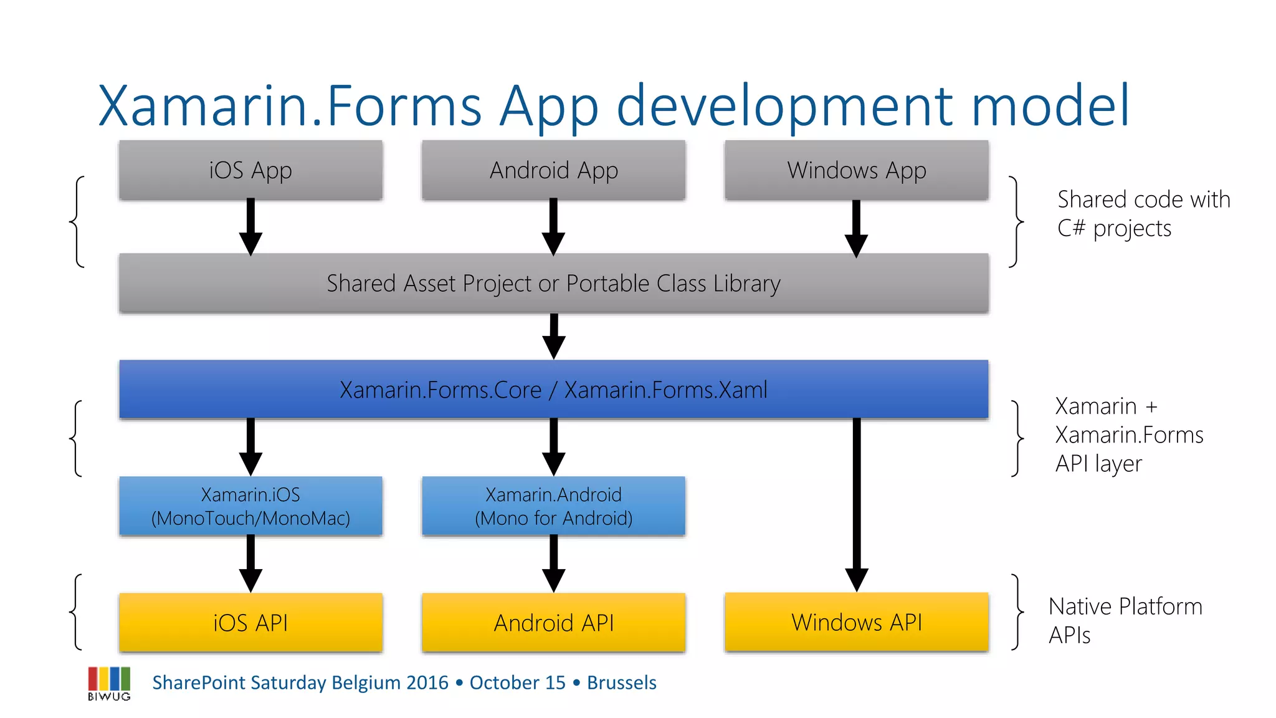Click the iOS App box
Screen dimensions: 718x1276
(x=250, y=170)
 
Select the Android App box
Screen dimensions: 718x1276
(x=553, y=170)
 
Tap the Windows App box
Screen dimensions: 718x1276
(x=856, y=170)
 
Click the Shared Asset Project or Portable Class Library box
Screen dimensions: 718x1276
(x=553, y=284)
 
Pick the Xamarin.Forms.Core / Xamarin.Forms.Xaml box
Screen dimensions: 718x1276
(x=553, y=390)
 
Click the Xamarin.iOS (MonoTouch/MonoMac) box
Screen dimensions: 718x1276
(x=250, y=506)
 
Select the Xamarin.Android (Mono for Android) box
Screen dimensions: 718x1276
(x=553, y=506)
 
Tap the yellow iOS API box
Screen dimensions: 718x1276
(x=250, y=623)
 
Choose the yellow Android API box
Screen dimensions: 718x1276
(x=553, y=623)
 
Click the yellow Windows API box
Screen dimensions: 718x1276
(x=856, y=622)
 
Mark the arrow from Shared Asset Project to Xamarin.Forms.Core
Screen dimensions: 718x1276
(x=553, y=337)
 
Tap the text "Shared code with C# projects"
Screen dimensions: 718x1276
(x=1143, y=214)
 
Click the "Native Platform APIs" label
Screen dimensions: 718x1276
(x=1125, y=620)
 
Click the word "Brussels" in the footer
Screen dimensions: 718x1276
(x=621, y=682)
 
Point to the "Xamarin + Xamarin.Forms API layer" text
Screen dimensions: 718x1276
(x=1128, y=435)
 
